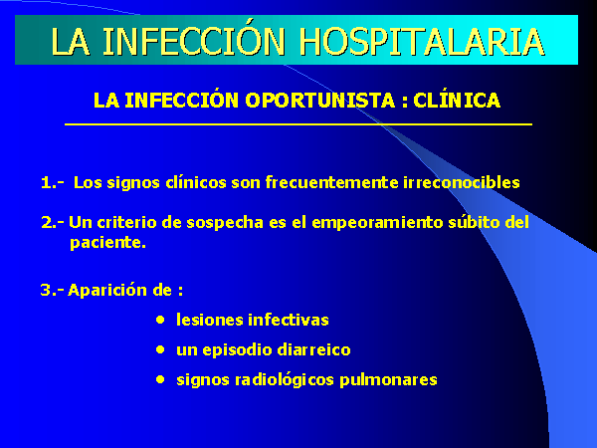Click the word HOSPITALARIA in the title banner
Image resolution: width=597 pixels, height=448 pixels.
point(422,42)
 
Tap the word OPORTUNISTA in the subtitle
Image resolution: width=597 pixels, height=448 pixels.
point(319,101)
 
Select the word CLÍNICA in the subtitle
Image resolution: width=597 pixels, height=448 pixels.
point(457,100)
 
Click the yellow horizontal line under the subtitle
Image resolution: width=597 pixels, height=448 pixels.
point(298,124)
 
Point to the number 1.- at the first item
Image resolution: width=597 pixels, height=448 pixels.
point(52,183)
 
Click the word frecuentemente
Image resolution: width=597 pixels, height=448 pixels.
point(331,182)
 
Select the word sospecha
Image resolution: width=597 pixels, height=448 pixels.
point(225,223)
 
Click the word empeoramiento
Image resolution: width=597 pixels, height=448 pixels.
point(377,222)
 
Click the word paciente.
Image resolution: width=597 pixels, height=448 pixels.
point(107,243)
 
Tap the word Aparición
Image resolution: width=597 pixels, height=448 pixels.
point(107,291)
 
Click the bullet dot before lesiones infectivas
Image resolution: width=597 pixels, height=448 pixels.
point(160,320)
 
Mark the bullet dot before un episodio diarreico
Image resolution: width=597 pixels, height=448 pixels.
point(160,349)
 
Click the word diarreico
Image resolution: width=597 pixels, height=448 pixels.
point(313,349)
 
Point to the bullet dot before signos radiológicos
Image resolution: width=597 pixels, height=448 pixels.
point(160,379)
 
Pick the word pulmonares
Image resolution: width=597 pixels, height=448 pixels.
point(388,380)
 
